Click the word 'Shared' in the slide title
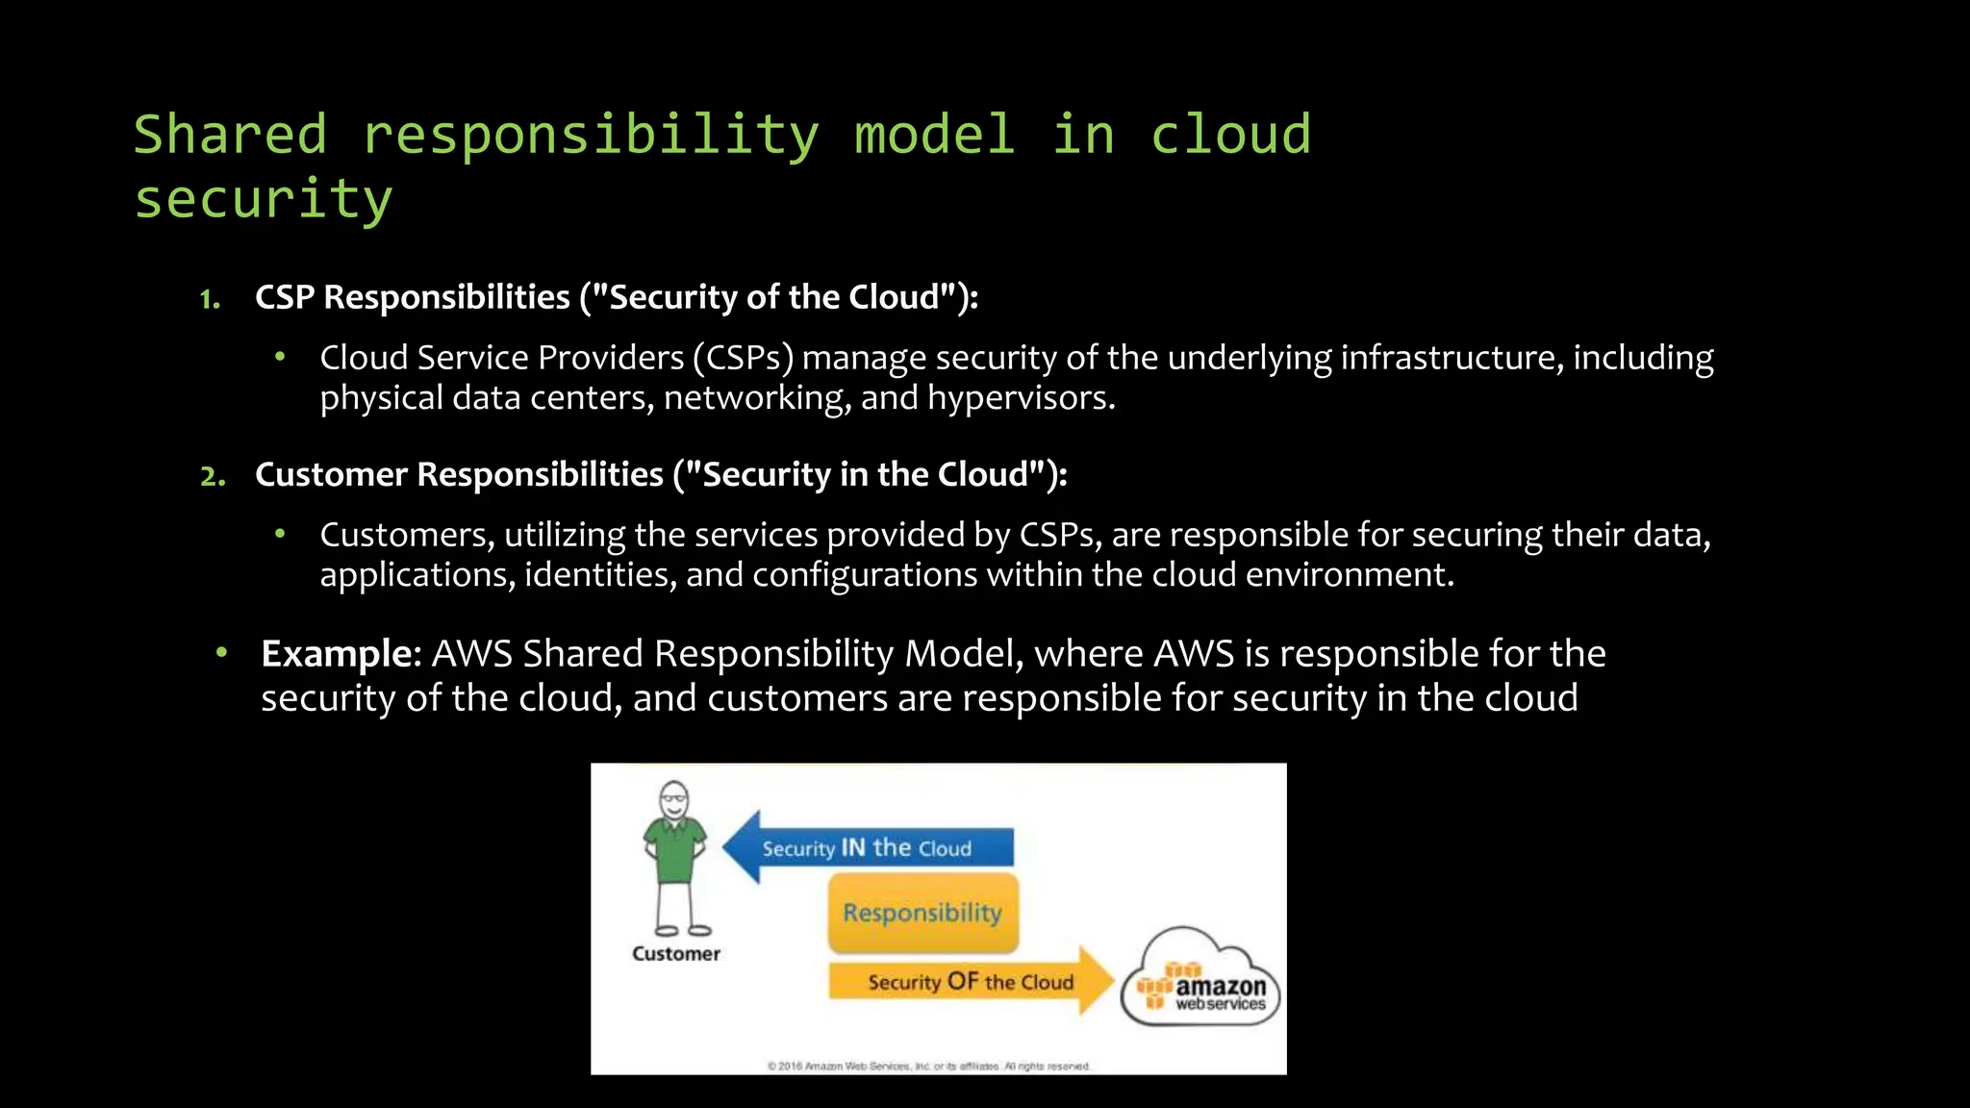pos(230,134)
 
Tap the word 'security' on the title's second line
pos(263,199)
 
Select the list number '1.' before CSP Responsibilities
pos(210,299)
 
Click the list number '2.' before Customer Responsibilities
pos(213,476)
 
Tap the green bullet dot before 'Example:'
pos(221,653)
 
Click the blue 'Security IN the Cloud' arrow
pos(866,847)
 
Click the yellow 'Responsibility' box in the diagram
pos(922,912)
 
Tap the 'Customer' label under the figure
pos(675,954)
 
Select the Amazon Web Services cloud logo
pos(1200,981)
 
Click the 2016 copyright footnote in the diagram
pos(928,1066)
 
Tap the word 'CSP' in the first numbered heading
pos(285,298)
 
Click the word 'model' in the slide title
pos(934,134)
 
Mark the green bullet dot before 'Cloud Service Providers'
pos(280,358)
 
